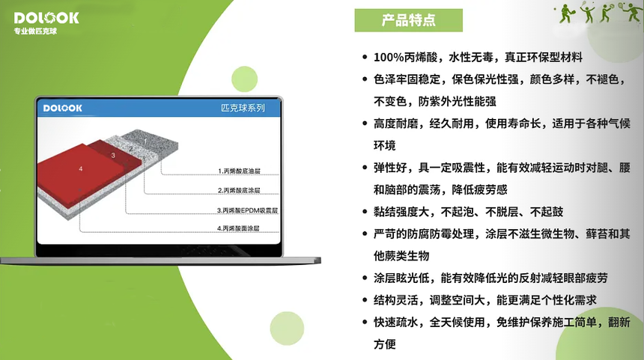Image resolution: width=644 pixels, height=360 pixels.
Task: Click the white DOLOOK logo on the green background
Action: point(46,18)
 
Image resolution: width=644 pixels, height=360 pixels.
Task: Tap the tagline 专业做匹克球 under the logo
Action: point(35,31)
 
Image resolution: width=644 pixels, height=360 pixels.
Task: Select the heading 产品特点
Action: point(408,20)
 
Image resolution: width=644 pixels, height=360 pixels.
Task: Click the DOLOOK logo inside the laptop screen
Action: point(62,108)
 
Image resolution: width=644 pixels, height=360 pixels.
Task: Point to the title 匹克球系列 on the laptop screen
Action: point(243,108)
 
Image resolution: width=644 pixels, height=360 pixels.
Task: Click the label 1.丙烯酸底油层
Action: point(239,171)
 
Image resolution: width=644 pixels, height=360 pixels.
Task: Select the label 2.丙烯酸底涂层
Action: point(239,190)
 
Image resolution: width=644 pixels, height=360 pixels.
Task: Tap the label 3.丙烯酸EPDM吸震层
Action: point(248,210)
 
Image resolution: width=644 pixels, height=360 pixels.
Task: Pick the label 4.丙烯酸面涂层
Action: point(238,228)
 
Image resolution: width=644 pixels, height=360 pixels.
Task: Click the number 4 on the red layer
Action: point(81,168)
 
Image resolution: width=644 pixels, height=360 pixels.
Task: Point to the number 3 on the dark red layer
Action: point(113,156)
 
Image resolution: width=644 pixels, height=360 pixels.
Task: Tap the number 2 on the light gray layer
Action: point(131,149)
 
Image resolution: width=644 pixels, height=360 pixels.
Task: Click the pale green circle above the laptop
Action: point(244,79)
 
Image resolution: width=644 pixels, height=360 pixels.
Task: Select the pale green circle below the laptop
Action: point(287,329)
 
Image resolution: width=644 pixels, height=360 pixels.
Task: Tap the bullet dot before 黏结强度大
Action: point(365,212)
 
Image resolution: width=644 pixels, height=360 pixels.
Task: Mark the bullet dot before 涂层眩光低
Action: point(365,278)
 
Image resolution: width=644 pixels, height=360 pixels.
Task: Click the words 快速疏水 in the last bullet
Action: point(395,323)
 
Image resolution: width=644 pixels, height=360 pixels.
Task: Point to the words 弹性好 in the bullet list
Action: point(390,168)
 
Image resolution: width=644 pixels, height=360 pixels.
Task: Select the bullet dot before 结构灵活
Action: point(365,300)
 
